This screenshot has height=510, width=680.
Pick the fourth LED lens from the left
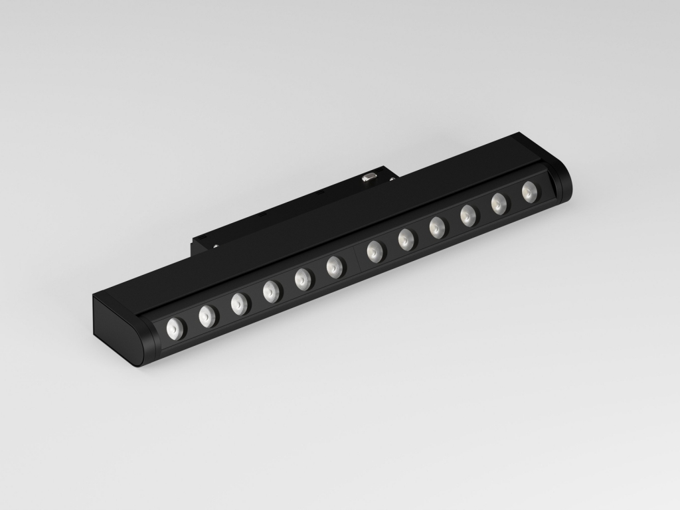coord(270,290)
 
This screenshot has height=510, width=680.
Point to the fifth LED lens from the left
coord(303,278)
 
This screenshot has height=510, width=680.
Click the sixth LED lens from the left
coord(335,266)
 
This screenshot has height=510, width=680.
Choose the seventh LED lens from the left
coord(375,250)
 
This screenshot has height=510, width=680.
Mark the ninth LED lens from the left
coord(436,226)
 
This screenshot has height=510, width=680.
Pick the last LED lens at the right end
coord(529,191)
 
